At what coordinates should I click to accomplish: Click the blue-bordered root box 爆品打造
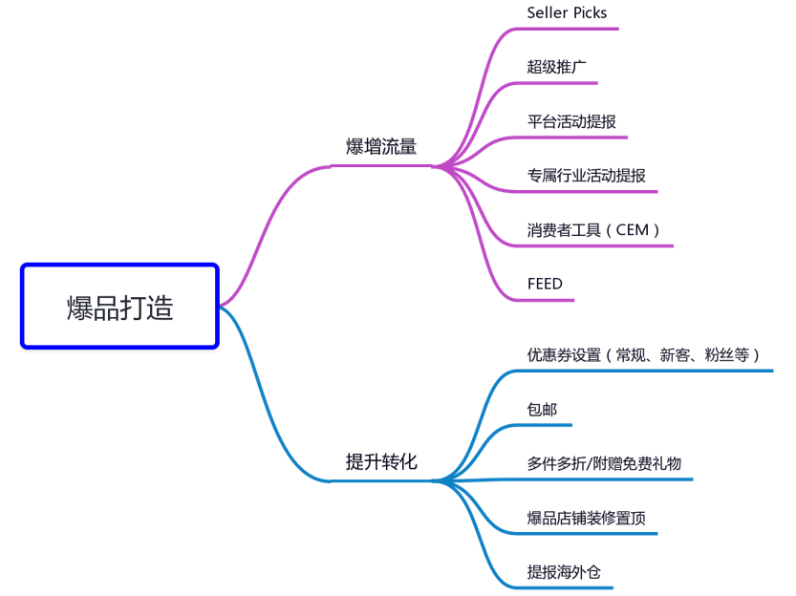tap(120, 307)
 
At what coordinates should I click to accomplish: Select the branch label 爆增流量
tap(381, 147)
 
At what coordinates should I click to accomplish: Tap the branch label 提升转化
tap(381, 462)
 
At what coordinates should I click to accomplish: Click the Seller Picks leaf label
tap(567, 13)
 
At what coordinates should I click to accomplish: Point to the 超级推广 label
tap(556, 67)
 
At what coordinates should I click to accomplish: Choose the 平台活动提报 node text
tap(571, 121)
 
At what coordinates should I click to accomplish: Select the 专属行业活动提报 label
tap(586, 176)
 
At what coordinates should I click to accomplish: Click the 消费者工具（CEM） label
tap(593, 229)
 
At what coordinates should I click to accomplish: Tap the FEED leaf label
tap(545, 284)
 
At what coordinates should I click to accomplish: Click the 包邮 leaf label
tap(542, 410)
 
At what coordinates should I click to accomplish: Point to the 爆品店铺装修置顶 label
tap(586, 519)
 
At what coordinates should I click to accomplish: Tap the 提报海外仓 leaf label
tap(564, 573)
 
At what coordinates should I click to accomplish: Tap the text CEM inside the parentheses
tap(632, 229)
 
